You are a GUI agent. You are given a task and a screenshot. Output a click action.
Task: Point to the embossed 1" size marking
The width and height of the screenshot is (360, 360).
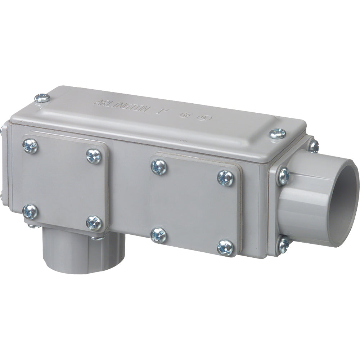(x=160, y=112)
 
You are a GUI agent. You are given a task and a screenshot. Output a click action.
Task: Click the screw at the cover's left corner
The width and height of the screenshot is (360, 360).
(x=42, y=98)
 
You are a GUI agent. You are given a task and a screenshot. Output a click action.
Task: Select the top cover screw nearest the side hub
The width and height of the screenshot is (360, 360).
(x=278, y=134)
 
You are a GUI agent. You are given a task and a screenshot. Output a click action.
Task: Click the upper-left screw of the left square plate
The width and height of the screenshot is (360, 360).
(x=30, y=146)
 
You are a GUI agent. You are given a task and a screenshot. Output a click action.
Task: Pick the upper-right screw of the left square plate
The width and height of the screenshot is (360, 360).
(x=94, y=156)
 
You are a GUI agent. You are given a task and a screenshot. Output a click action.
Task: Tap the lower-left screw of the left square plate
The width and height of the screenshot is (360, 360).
(x=30, y=211)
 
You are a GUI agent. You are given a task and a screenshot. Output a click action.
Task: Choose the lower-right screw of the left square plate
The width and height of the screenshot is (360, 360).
(x=94, y=223)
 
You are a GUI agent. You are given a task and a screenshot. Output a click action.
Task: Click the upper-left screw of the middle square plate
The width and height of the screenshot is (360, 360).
(x=159, y=167)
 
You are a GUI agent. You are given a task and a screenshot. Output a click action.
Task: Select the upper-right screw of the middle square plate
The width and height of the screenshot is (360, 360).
(x=225, y=178)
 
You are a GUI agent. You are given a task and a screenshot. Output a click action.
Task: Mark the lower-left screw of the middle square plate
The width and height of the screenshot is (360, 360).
(x=159, y=235)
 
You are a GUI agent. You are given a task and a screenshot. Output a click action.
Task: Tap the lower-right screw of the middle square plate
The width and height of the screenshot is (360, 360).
(x=225, y=248)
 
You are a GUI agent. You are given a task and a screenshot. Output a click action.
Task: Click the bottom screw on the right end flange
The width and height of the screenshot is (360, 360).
(x=284, y=245)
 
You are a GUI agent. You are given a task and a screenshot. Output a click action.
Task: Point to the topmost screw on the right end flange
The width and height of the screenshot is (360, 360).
(x=314, y=145)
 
